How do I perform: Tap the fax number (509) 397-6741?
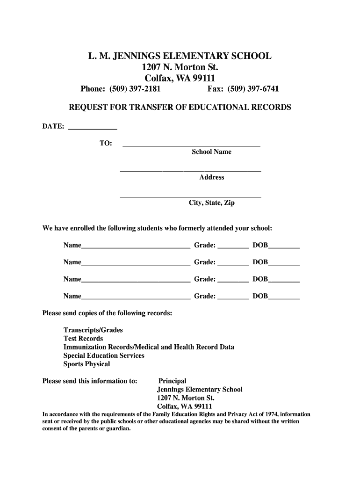pos(252,89)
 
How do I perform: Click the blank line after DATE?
pos(93,128)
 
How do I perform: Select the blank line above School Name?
pos(191,145)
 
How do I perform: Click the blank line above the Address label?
pos(191,171)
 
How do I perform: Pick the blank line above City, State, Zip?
pos(191,196)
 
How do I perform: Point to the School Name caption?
pos(211,152)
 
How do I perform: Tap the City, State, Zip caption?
pos(211,203)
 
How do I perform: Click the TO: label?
pos(106,144)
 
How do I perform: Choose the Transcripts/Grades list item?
pos(93,330)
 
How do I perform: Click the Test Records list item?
pos(83,339)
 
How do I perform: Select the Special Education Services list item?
pos(104,356)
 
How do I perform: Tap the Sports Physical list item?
pos(86,364)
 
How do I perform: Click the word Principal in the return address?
pos(172,381)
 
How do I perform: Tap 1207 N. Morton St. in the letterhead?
pos(180,67)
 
